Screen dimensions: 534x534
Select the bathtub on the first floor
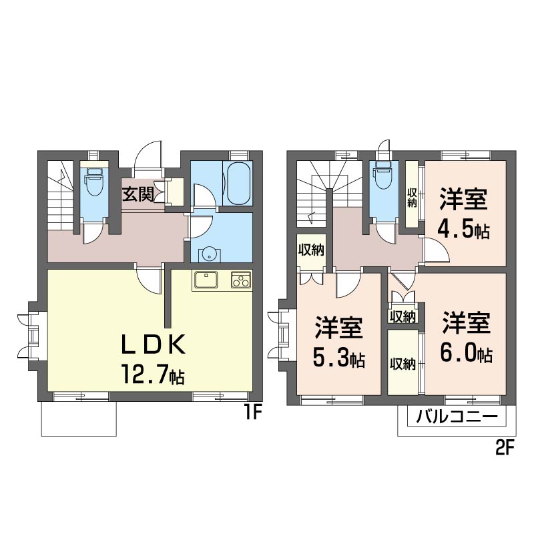[238, 184]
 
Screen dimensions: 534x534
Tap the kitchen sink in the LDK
[207, 280]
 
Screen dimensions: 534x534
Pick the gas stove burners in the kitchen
[240, 280]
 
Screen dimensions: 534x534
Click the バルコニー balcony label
[457, 419]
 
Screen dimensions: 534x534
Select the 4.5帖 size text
[463, 230]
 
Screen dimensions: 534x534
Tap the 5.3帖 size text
[338, 359]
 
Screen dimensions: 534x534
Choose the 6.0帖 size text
[466, 354]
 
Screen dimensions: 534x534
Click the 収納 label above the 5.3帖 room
[311, 250]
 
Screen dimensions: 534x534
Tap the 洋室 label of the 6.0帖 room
[466, 323]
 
